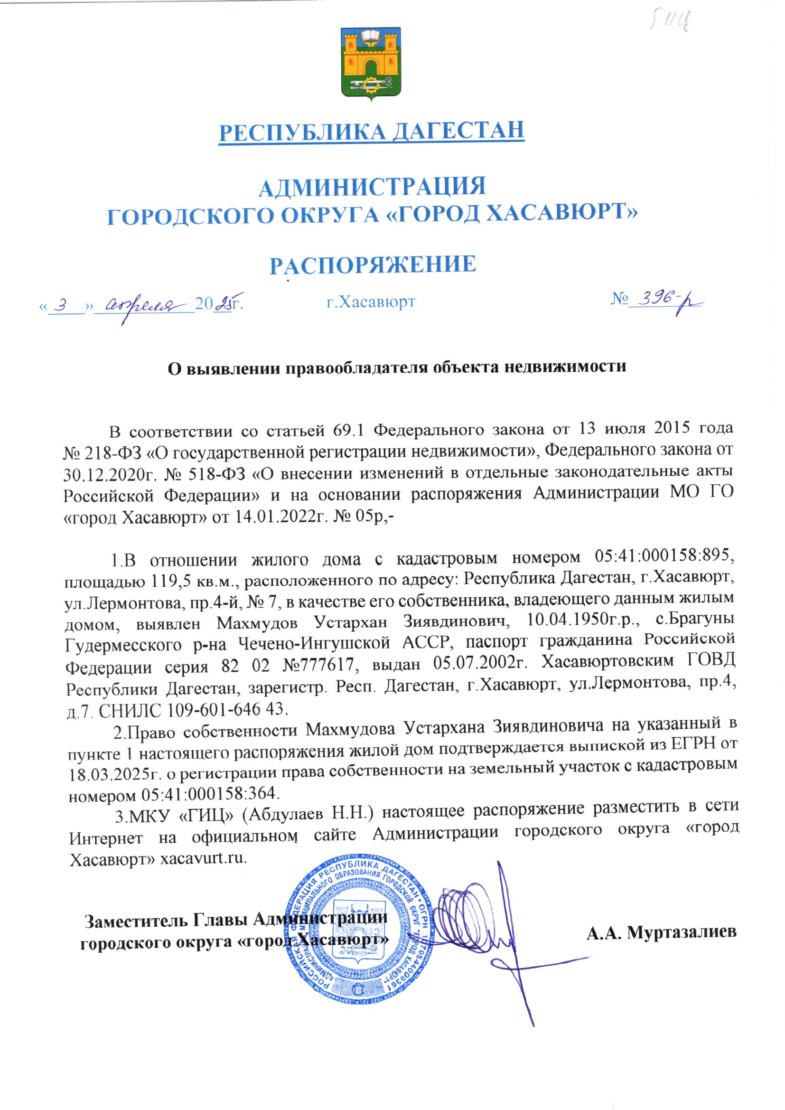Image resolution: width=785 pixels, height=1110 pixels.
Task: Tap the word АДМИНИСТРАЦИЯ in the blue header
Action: [x=372, y=187]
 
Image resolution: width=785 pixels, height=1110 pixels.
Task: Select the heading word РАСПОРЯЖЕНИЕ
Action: [x=372, y=265]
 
